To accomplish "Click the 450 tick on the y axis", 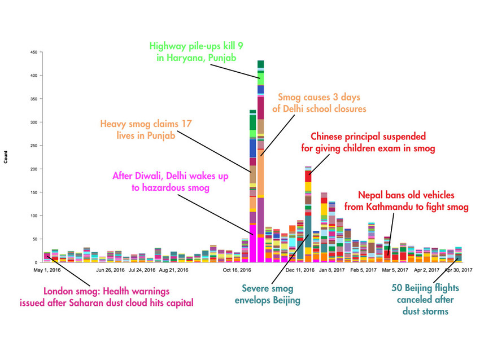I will tap(34, 52).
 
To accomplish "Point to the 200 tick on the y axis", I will tap(34, 169).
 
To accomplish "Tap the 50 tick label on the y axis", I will tap(35, 239).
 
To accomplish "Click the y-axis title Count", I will tap(6, 157).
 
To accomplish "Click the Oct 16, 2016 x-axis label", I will tap(237, 270).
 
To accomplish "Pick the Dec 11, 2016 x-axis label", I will tap(300, 270).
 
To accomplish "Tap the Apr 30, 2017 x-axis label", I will tap(456, 270).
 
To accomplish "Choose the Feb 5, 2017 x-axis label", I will tap(364, 270).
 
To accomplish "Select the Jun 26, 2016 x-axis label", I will tap(110, 270).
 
